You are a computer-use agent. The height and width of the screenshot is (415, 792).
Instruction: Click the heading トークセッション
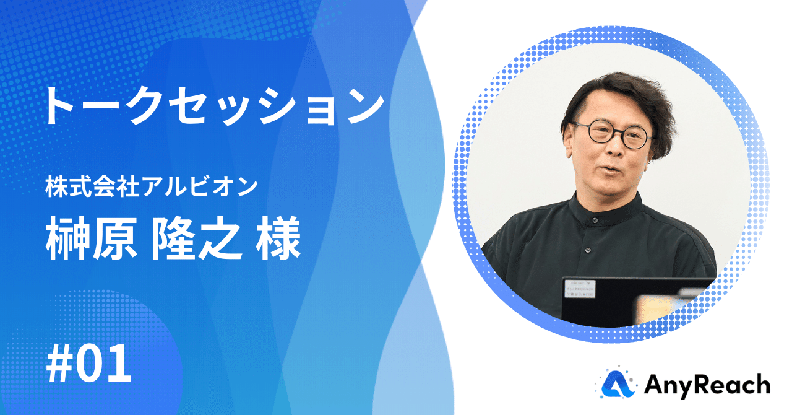tap(214, 106)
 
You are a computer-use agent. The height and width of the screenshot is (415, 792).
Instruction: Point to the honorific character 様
tap(278, 239)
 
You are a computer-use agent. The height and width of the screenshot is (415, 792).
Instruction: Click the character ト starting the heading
tap(59, 106)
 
